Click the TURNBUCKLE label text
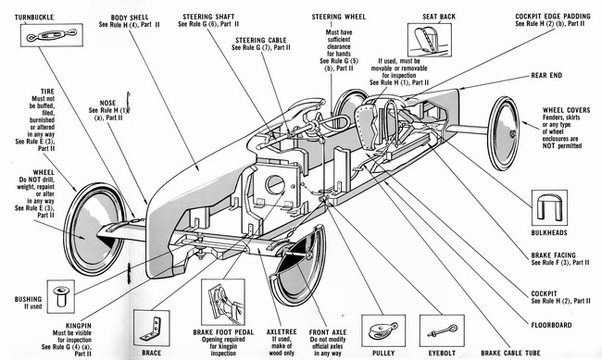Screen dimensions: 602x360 pos(34,18)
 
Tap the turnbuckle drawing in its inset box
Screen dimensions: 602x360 pos(52,35)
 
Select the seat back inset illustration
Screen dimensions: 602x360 pos(429,40)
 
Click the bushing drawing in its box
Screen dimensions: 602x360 pos(60,296)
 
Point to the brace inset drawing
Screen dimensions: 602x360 pos(151,329)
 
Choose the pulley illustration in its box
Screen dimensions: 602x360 pos(383,330)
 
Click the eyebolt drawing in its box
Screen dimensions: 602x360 pos(442,330)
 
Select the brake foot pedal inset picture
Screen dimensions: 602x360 pos(223,302)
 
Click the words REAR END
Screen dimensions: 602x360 pos(546,76)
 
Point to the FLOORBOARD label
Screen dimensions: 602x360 pos(551,325)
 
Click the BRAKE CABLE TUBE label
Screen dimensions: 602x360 pos(510,353)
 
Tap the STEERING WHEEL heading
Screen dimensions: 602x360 pos(339,17)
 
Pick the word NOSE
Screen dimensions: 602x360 pos(107,103)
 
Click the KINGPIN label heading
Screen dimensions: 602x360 pos(79,326)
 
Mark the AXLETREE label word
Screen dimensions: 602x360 pos(282,332)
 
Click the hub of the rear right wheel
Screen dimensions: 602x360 pos(512,133)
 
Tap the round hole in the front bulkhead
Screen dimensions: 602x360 pos(275,184)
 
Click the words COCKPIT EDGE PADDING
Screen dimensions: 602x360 pos(553,16)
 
